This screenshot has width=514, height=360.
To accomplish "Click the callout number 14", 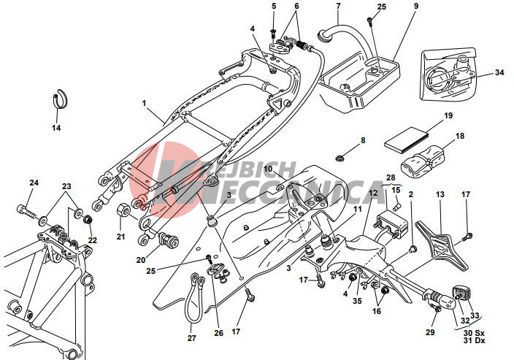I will tap(56, 128).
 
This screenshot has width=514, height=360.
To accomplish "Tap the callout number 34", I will tap(499, 72).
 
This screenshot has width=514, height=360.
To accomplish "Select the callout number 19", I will tap(448, 116).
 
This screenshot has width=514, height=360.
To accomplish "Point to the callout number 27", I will tap(191, 338).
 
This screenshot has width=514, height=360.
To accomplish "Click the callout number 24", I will tap(33, 183).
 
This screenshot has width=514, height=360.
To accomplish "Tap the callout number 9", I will tap(415, 7).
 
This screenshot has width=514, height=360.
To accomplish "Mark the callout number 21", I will tap(121, 237).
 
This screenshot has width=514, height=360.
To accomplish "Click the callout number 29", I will tap(430, 332).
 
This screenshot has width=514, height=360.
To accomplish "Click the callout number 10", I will tap(268, 169).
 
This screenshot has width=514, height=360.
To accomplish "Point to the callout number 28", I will tap(390, 177).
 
